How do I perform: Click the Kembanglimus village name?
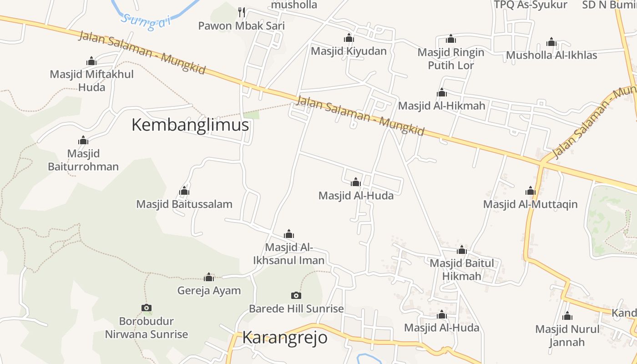(190, 125)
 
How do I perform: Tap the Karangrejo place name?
(284, 338)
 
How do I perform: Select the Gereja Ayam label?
(209, 290)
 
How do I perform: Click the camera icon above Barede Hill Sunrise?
(296, 295)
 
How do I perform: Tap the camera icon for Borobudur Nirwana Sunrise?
(147, 308)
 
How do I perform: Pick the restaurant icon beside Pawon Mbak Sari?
(242, 12)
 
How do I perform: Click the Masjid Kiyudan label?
(349, 51)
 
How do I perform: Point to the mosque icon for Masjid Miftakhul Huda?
(91, 61)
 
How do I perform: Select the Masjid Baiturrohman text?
(83, 160)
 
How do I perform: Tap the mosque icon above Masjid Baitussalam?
(184, 191)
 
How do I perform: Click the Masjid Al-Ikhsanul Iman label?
(289, 254)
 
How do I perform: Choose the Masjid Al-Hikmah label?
(442, 106)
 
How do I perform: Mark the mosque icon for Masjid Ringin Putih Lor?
(451, 39)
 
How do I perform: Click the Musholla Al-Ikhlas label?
(551, 55)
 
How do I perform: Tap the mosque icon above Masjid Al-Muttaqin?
(531, 191)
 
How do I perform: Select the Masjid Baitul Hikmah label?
(462, 269)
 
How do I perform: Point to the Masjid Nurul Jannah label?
(567, 335)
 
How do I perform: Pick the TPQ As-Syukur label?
(531, 5)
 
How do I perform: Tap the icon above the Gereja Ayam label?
(209, 277)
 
